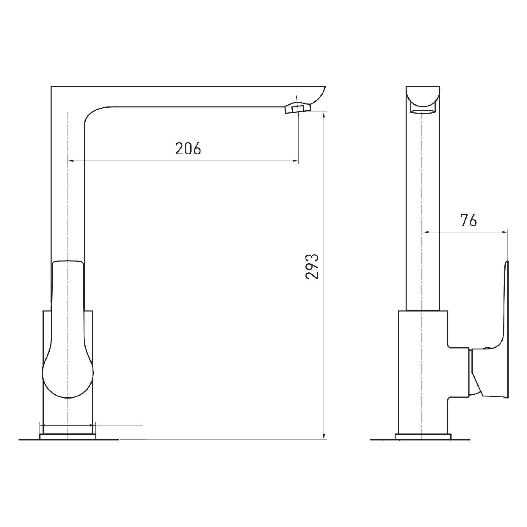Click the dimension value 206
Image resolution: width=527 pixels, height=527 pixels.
(x=188, y=148)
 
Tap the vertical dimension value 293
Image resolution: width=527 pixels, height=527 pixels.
(x=312, y=266)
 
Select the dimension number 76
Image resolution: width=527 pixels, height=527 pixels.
(x=468, y=220)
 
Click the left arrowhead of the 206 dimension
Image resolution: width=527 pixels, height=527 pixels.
(x=71, y=161)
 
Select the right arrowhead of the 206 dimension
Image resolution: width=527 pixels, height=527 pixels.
(x=295, y=161)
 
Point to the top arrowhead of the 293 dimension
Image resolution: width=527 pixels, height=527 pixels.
(x=324, y=115)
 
